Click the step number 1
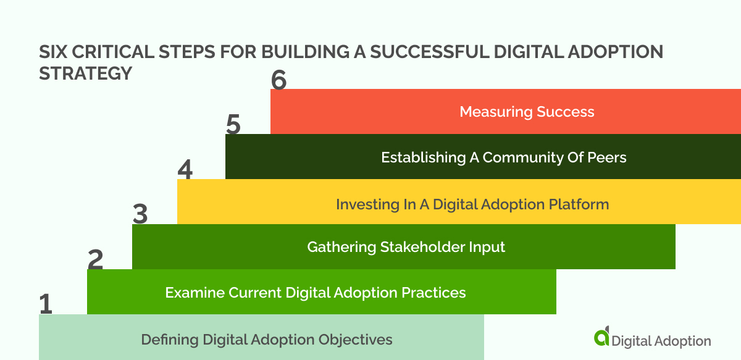(46, 304)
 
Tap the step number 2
(95, 259)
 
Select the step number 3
(140, 214)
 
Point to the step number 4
(185, 169)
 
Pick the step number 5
(233, 124)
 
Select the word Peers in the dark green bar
(607, 157)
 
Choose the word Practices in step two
(437, 292)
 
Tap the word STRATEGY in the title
(85, 73)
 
